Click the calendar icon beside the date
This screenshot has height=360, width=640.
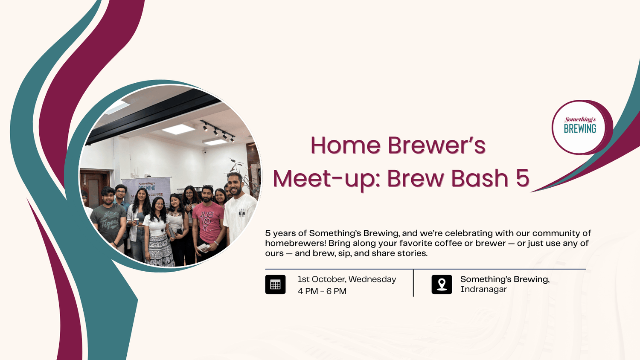275,284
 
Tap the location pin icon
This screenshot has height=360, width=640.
442,284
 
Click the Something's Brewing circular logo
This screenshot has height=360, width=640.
580,128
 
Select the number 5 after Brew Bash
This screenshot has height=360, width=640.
523,178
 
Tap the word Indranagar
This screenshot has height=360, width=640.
483,289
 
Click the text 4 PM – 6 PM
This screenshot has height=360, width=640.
322,291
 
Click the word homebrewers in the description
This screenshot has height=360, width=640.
294,243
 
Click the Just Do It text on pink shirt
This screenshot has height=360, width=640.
207,220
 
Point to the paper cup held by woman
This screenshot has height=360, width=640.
137,222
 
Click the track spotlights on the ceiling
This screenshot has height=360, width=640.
218,132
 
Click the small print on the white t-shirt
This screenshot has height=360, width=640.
241,213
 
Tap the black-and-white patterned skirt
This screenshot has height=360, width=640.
160,250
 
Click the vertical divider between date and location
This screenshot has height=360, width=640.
413,283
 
